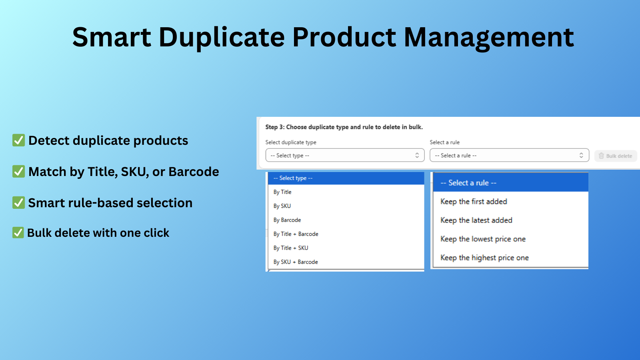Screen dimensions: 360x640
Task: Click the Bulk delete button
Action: point(615,156)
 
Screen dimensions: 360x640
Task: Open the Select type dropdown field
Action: point(345,155)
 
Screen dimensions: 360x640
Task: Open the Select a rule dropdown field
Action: point(509,155)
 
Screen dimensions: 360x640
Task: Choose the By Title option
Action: point(282,192)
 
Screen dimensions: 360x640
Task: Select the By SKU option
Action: point(282,206)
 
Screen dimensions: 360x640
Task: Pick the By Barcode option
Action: point(287,220)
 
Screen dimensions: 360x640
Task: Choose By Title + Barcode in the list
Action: point(296,234)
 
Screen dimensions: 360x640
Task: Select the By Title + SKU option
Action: point(291,248)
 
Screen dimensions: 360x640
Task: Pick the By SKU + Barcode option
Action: point(296,262)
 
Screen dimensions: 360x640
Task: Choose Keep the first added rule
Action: point(474,202)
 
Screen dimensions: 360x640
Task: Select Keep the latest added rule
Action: point(476,220)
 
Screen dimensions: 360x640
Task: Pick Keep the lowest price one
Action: point(483,239)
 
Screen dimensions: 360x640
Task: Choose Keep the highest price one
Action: point(484,258)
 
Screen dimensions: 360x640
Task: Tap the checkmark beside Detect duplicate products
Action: point(18,140)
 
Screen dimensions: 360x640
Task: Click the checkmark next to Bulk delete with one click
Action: point(18,232)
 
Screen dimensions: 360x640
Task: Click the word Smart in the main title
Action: point(112,37)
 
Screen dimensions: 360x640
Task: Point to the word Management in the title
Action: point(489,37)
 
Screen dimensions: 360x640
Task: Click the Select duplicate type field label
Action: point(291,142)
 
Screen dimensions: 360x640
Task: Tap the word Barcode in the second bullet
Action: point(194,172)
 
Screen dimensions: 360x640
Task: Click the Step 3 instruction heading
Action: point(344,127)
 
